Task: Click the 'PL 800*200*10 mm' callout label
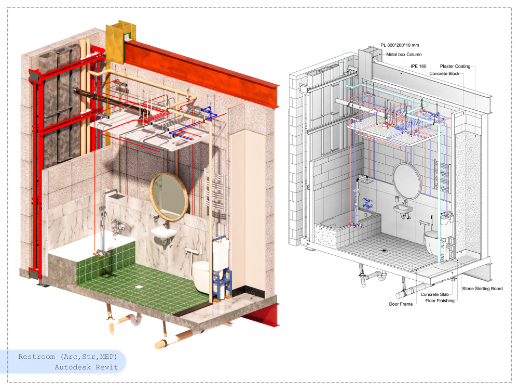(400, 45)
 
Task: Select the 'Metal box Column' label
(404, 55)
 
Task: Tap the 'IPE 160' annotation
(418, 67)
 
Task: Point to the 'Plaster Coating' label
(455, 67)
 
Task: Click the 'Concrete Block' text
(444, 74)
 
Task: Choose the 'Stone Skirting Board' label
(482, 289)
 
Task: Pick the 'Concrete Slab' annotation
(434, 294)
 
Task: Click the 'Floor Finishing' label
(440, 301)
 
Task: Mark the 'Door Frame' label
(401, 304)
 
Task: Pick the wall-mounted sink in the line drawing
(403, 209)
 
